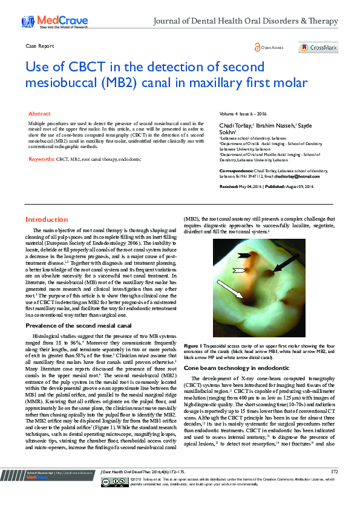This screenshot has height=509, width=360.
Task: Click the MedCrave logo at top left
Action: click(x=45, y=22)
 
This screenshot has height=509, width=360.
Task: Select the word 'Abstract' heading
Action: click(x=40, y=114)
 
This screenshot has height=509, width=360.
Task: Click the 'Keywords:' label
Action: click(x=41, y=159)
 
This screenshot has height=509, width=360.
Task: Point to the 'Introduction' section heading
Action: click(x=47, y=219)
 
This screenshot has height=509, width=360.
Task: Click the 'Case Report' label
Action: click(x=40, y=46)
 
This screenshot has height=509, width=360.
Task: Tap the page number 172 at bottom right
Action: click(x=334, y=488)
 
